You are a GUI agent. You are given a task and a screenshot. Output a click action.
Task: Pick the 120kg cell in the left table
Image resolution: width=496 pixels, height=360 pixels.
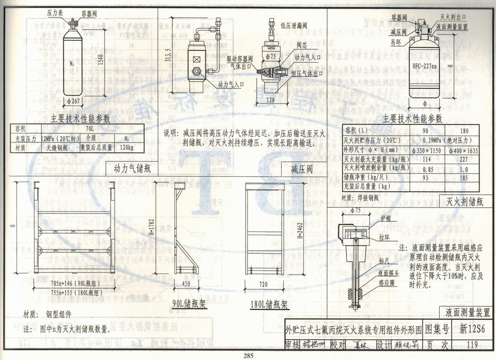click(127, 147)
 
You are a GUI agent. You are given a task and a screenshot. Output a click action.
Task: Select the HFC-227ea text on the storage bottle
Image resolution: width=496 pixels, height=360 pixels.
click(424, 67)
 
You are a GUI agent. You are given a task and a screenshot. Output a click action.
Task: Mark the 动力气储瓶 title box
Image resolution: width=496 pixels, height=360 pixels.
click(132, 169)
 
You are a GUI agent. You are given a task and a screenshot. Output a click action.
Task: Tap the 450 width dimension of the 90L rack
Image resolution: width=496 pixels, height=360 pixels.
click(185, 284)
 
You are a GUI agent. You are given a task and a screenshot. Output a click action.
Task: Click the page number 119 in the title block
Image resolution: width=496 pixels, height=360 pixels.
click(469, 345)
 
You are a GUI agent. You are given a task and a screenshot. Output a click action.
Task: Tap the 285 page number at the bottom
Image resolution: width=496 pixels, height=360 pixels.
click(248, 355)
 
